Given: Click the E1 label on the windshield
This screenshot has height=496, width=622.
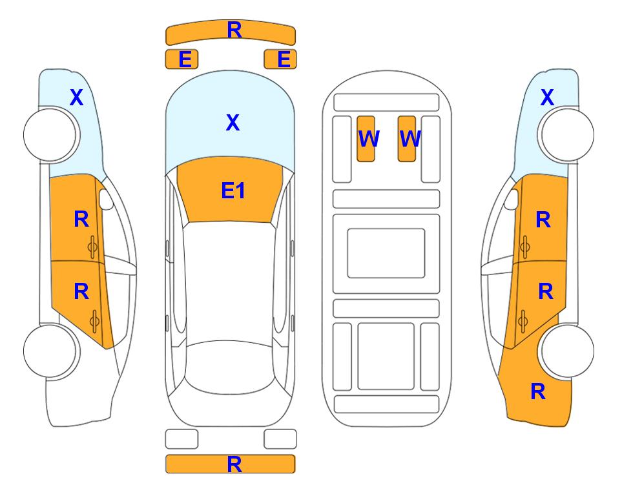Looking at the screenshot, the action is [233, 190].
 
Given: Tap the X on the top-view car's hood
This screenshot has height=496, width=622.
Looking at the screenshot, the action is [233, 122].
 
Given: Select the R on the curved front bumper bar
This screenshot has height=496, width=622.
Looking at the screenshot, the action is [234, 30].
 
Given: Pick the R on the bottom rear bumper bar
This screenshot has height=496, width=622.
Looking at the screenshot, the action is [234, 464].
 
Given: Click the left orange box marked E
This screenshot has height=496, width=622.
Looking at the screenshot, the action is [181, 59].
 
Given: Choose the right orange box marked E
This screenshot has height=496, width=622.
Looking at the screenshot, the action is [280, 59].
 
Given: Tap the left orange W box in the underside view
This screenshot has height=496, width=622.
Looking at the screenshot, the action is [366, 139].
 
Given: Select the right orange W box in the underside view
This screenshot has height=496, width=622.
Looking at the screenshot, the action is [407, 139].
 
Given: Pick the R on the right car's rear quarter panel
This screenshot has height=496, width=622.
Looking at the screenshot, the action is [538, 391].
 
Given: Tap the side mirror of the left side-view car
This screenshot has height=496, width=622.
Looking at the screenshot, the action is [106, 199].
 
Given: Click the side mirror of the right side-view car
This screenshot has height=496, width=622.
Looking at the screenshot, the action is [512, 199].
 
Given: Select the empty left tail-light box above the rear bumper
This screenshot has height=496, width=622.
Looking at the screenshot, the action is [181, 439].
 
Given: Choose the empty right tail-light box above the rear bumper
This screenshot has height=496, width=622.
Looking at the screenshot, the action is [280, 439].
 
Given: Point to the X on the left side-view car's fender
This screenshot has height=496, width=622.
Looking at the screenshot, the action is [77, 98].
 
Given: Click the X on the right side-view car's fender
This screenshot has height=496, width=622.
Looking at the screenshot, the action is [547, 98].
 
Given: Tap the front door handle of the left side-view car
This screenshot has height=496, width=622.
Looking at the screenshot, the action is [92, 247].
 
